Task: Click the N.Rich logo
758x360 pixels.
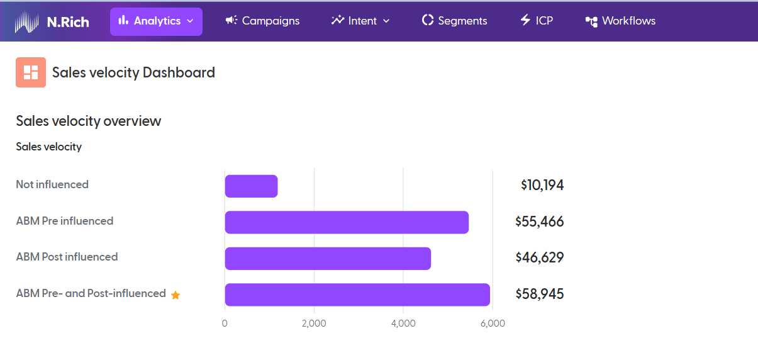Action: [x=52, y=21]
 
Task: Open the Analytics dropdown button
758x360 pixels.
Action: [x=156, y=21]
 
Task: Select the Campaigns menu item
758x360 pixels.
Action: [x=262, y=21]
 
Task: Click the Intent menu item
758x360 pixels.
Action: [x=360, y=21]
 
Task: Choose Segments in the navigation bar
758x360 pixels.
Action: [x=454, y=21]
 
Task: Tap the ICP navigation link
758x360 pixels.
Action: [x=536, y=21]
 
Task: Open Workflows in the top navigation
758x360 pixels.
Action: [x=620, y=21]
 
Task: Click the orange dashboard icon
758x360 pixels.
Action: [x=31, y=72]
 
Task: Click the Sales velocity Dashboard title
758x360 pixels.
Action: [x=133, y=72]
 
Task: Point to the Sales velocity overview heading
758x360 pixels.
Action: [x=89, y=121]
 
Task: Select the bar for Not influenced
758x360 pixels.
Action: [x=251, y=186]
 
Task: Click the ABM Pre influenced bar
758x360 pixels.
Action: [x=347, y=222]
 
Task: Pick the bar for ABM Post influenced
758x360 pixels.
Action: [x=328, y=259]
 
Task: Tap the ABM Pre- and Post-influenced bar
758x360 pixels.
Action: [x=357, y=295]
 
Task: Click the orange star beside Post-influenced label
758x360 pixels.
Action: [x=176, y=295]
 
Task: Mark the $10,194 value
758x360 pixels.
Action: [x=542, y=185]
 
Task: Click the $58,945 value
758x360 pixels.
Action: [x=540, y=294]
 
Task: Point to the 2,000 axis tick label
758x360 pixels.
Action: [x=314, y=323]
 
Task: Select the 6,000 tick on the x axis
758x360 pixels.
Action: [x=493, y=323]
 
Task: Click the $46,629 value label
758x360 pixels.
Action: [x=540, y=257]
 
